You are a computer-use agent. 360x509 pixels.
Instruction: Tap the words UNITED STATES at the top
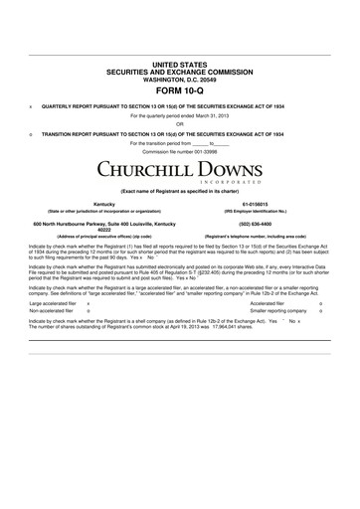180,62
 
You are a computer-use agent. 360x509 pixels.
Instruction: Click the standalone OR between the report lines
180,123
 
